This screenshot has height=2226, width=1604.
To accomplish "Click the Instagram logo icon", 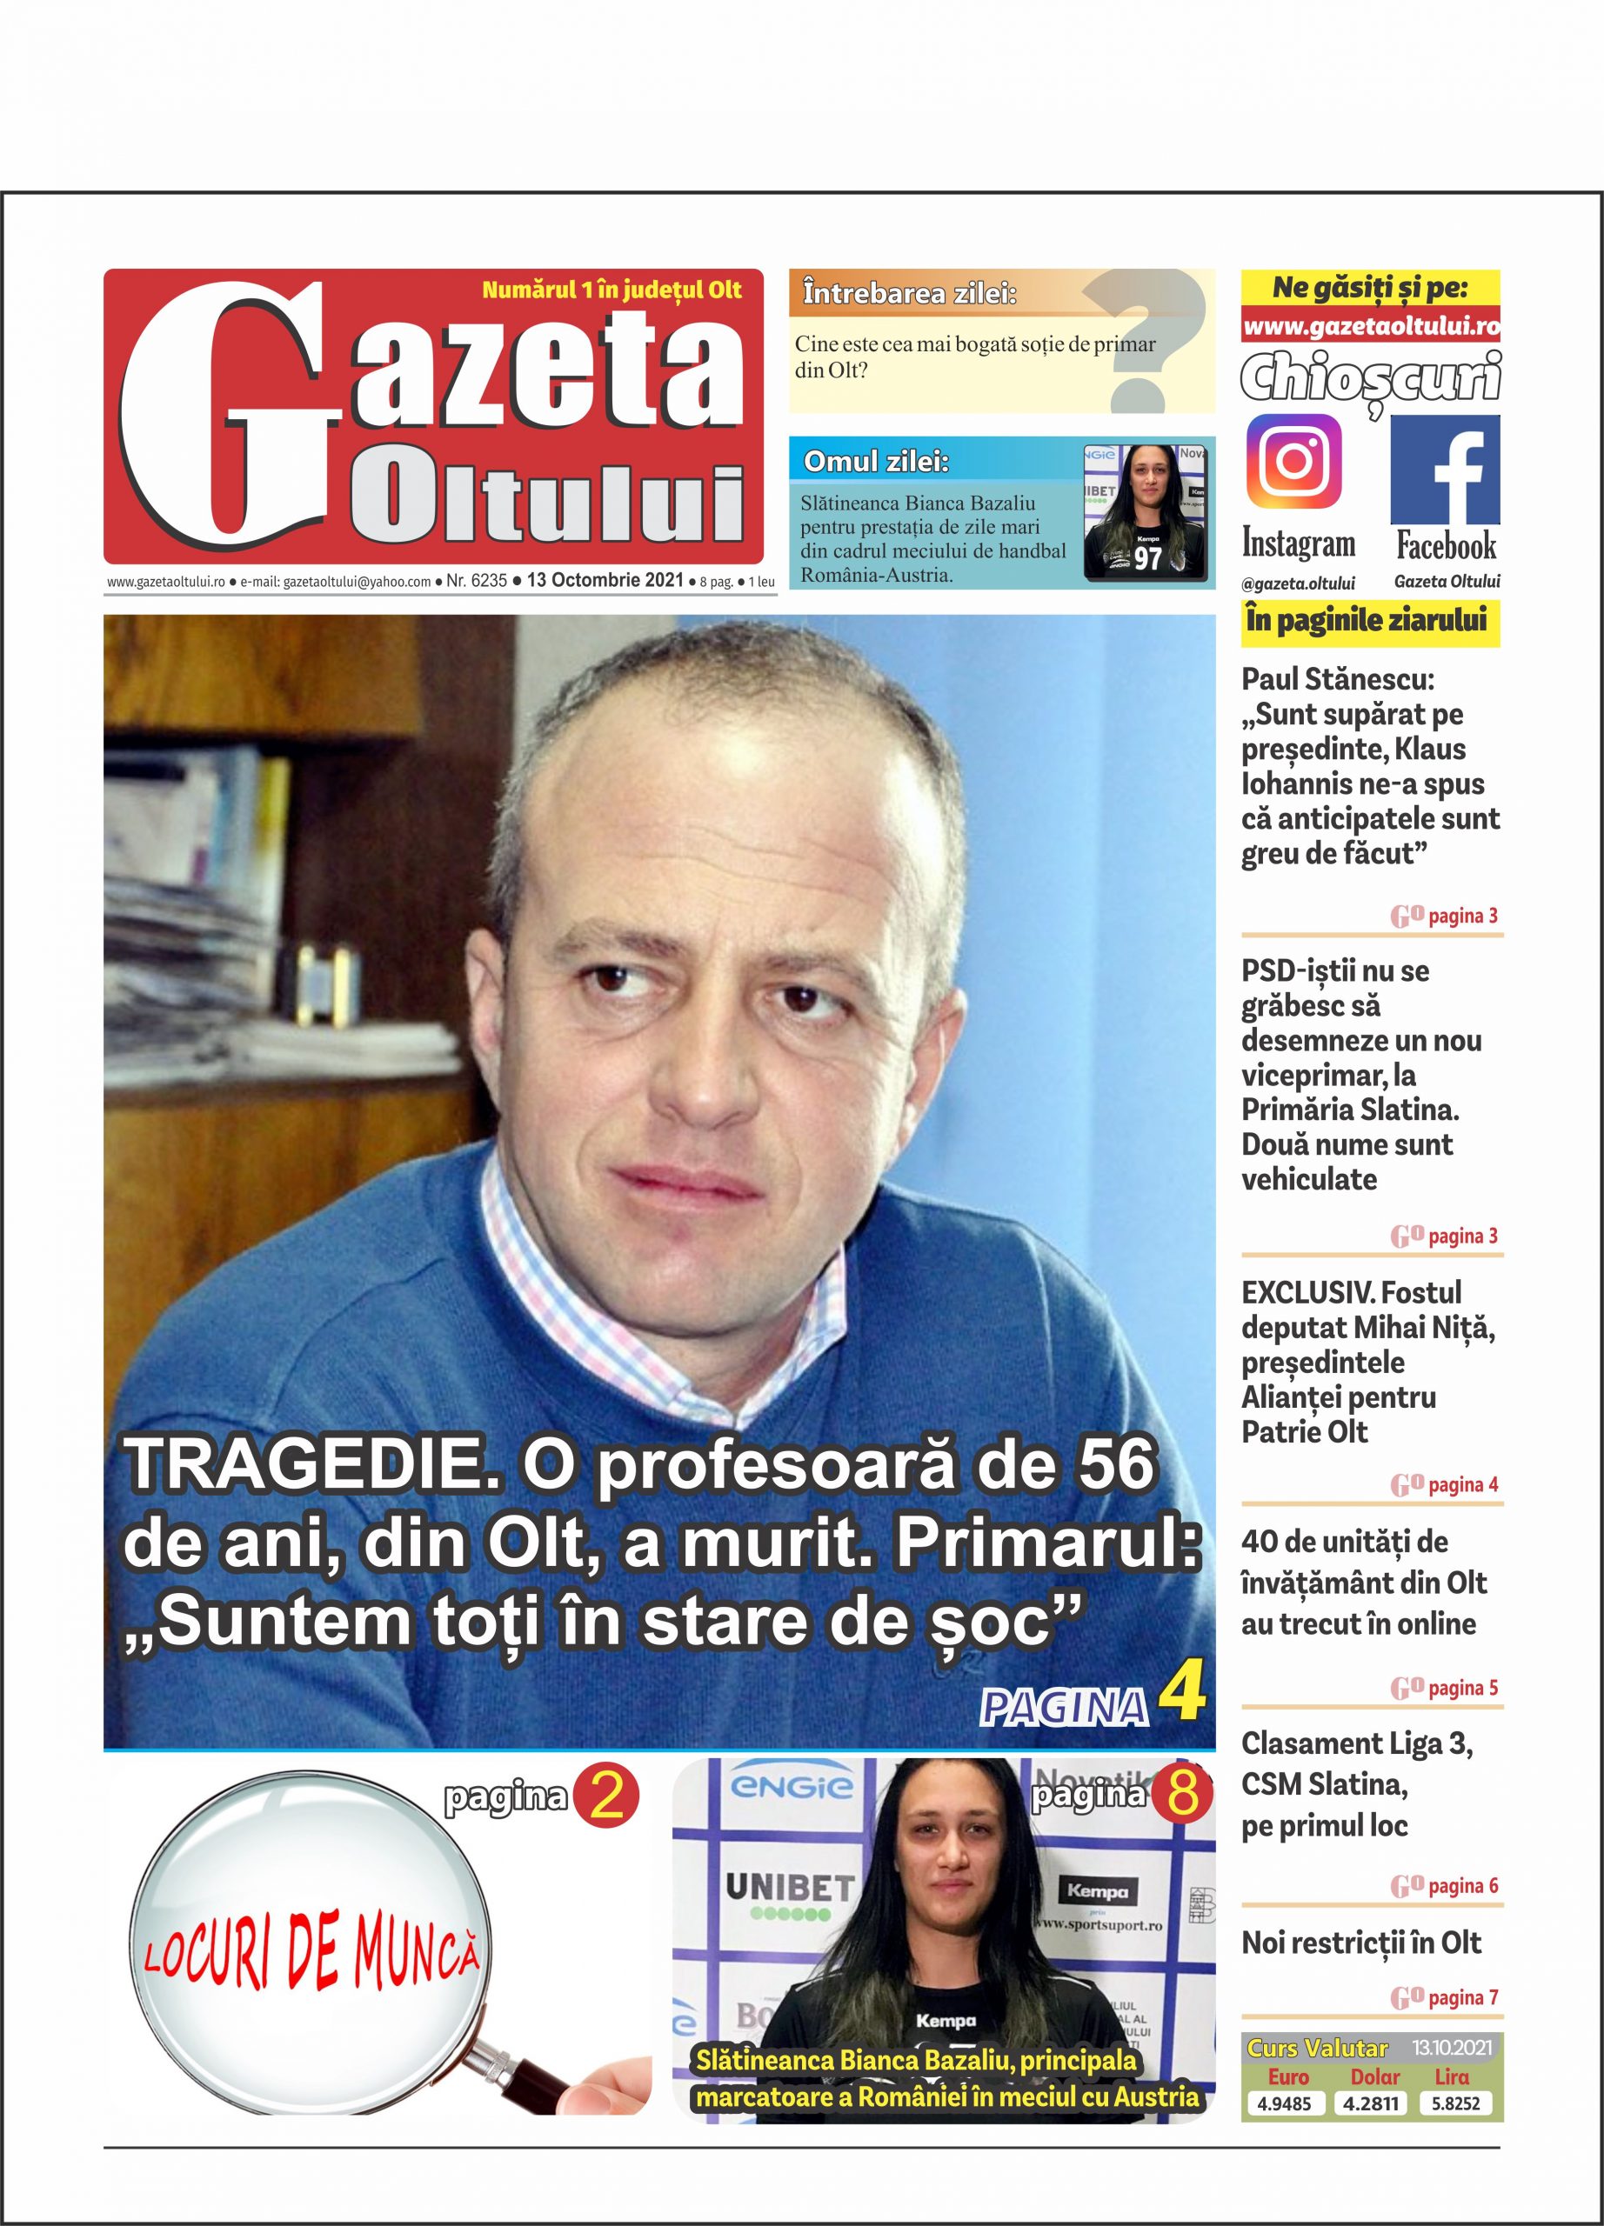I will (1293, 462).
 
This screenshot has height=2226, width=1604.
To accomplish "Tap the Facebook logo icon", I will (1444, 470).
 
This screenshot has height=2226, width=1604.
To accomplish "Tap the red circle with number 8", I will (1183, 1794).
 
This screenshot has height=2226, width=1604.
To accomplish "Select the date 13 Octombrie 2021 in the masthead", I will (605, 580).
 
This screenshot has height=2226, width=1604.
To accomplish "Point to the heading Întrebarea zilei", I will (909, 292).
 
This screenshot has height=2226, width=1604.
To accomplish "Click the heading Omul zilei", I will (876, 462).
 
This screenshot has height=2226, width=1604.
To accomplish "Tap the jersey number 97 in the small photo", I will (1147, 558).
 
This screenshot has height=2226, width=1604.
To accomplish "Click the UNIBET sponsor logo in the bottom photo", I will (788, 1886).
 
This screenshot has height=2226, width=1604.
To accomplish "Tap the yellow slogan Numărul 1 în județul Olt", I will (612, 290).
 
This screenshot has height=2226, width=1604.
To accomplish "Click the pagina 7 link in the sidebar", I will (1444, 1996).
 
